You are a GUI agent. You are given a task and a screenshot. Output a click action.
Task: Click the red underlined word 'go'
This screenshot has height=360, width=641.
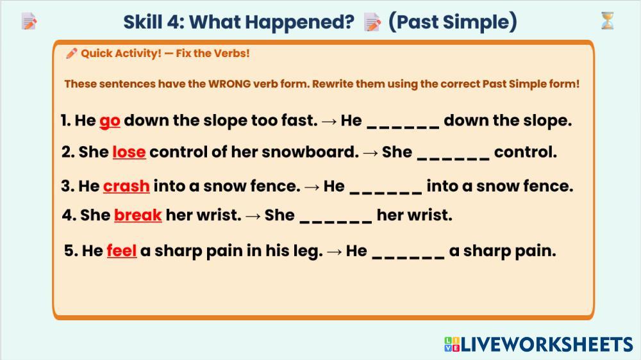pyautogui.click(x=110, y=121)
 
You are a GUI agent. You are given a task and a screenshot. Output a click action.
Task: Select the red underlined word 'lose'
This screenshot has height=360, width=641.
pyautogui.click(x=129, y=152)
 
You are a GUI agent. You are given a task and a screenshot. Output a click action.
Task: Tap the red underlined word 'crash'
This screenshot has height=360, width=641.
pyautogui.click(x=126, y=186)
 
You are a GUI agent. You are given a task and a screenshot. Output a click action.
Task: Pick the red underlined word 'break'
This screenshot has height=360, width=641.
pyautogui.click(x=138, y=215)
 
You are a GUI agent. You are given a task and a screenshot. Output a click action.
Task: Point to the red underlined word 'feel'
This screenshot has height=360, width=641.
pyautogui.click(x=121, y=250)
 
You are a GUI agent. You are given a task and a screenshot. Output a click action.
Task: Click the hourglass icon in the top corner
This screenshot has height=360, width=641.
pyautogui.click(x=608, y=21)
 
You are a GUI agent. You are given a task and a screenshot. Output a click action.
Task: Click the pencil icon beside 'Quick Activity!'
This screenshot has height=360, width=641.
pyautogui.click(x=72, y=53)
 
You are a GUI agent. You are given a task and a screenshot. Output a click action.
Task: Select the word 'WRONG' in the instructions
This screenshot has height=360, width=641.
pyautogui.click(x=229, y=84)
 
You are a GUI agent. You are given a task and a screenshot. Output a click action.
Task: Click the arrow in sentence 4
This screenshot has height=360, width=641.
pyautogui.click(x=253, y=216)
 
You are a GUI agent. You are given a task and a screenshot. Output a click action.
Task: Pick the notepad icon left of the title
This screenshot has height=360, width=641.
pyautogui.click(x=29, y=21)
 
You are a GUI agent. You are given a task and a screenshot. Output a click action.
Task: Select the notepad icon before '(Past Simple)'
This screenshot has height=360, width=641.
pyautogui.click(x=372, y=22)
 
